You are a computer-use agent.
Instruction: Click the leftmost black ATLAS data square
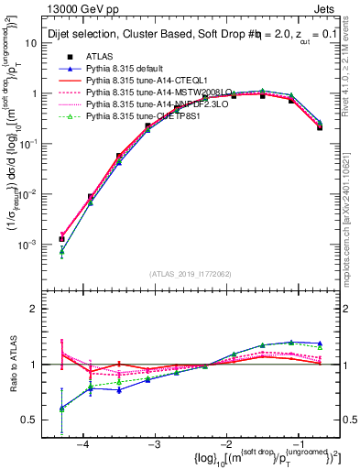point(61,239)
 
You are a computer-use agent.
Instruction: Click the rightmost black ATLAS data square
point(320,127)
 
